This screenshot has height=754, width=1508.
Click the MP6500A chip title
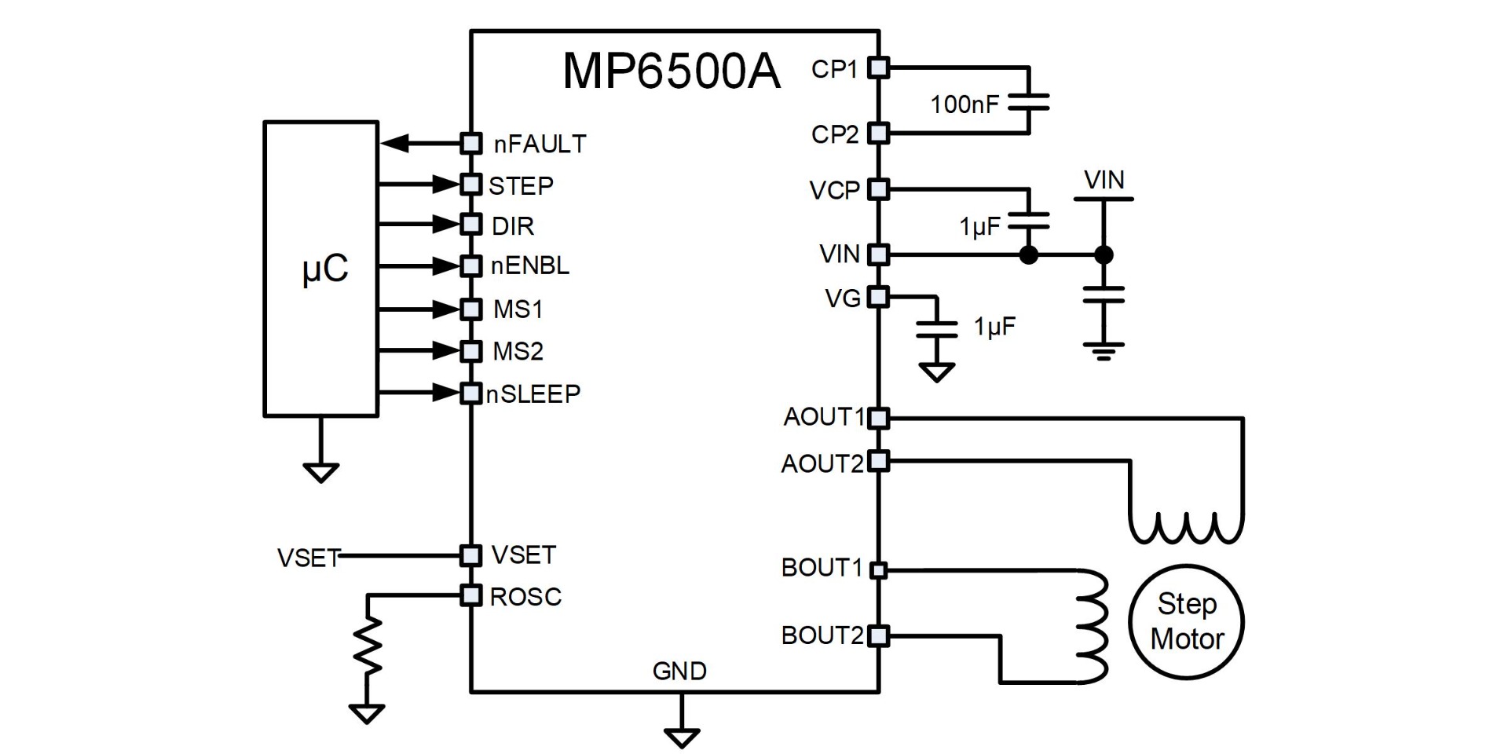(x=672, y=71)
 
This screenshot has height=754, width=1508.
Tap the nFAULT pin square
(x=471, y=143)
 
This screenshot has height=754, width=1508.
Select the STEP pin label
(x=521, y=186)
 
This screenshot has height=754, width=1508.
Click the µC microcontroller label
(x=324, y=269)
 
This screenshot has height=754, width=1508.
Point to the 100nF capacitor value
(x=964, y=104)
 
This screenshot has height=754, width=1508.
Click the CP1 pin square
(x=879, y=68)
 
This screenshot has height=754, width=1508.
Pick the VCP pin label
(x=834, y=191)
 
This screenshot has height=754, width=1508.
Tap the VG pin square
(x=879, y=297)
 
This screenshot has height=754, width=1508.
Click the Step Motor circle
(x=1186, y=621)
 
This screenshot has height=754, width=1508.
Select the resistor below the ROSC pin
(x=367, y=646)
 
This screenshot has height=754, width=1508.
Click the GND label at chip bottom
(x=679, y=671)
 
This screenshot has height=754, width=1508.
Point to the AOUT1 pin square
(x=879, y=418)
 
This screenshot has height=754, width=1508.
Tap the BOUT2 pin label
(x=822, y=635)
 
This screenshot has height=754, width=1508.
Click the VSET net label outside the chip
(x=308, y=558)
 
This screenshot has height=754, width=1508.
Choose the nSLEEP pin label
(x=533, y=393)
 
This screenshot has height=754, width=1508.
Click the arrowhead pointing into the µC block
(x=395, y=144)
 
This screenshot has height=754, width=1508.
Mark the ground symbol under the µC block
(x=320, y=472)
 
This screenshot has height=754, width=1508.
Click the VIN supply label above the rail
(x=1104, y=181)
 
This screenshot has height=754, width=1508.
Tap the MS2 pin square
(x=471, y=350)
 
